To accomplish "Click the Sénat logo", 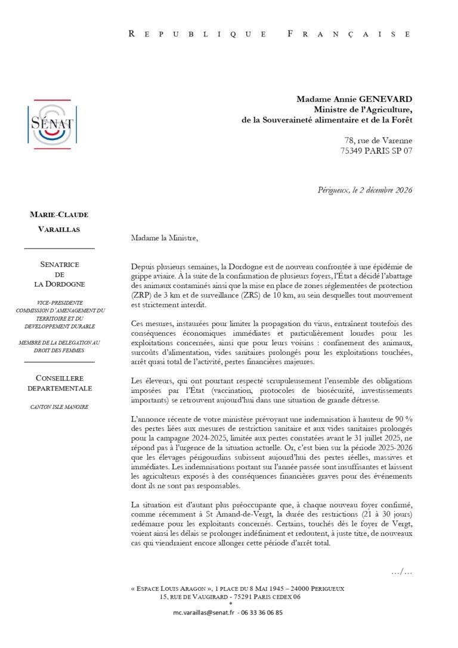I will click(x=51, y=124).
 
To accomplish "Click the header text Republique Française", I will click(x=270, y=34).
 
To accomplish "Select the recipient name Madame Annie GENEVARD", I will click(x=354, y=99).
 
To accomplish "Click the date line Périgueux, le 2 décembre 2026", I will click(x=365, y=190).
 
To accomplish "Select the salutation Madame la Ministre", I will click(x=163, y=238).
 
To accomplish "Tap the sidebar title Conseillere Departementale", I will click(x=59, y=383).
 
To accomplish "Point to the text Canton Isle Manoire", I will click(x=59, y=407).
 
